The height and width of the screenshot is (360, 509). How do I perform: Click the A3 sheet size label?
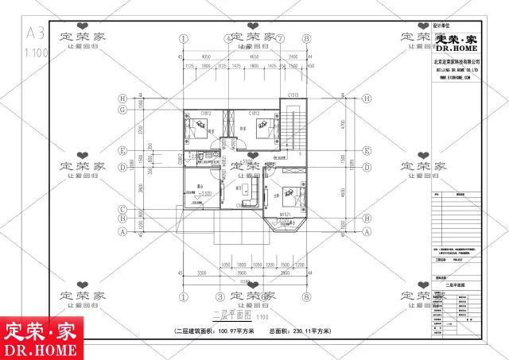(x=34, y=33)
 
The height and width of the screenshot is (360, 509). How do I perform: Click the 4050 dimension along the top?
(x=206, y=57)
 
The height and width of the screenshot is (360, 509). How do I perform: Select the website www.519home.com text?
(x=455, y=79)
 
